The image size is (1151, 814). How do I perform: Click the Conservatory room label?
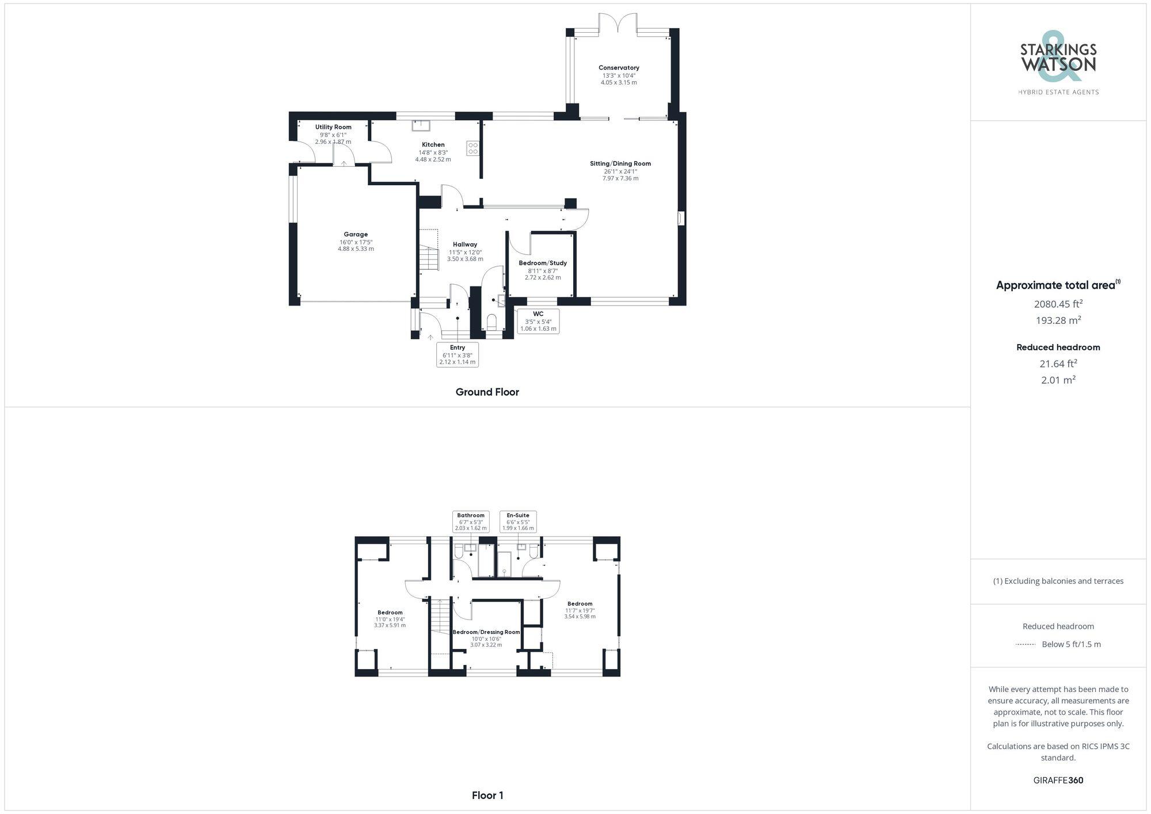pos(619,68)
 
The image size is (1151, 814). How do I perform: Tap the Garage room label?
pos(356,234)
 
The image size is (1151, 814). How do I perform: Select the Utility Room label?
pos(333,127)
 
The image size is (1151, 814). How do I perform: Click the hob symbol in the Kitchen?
pos(473,148)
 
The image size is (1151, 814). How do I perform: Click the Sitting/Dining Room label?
pos(620,163)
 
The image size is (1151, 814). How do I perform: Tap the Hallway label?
pos(465,244)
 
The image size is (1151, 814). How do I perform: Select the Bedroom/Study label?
pos(543,263)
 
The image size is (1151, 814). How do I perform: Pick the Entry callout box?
pos(458,354)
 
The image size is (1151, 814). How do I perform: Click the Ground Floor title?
pos(487,392)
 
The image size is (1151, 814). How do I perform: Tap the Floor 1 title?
pos(487,796)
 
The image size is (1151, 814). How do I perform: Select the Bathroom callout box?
pos(471,521)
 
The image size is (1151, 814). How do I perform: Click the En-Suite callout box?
pos(518,521)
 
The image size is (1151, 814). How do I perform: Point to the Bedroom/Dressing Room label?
pos(486,632)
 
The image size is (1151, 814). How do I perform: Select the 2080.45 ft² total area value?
pos(1058,304)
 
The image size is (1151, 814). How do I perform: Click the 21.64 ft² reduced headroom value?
pos(1058,364)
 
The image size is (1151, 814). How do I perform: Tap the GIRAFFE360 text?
pos(1058,781)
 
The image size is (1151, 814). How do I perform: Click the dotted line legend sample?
pos(1026,644)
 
